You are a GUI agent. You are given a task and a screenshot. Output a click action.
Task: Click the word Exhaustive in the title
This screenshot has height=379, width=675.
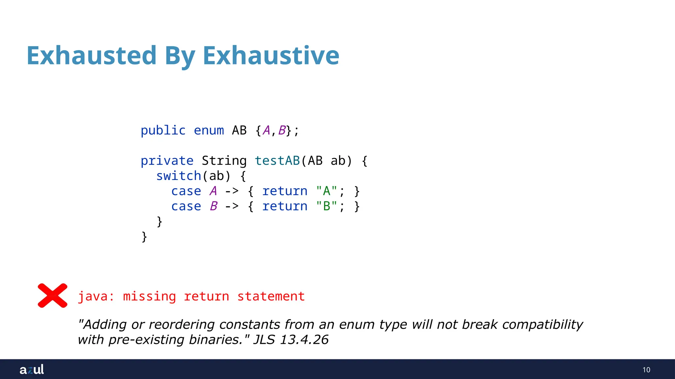coord(271,55)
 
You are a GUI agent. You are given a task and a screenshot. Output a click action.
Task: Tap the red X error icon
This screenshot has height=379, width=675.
coord(53,295)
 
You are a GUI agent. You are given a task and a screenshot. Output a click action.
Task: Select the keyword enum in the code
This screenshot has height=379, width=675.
coord(209,130)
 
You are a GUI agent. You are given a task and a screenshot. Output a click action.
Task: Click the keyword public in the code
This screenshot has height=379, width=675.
coord(163,130)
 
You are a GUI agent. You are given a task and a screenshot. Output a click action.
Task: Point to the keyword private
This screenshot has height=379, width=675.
coord(167,161)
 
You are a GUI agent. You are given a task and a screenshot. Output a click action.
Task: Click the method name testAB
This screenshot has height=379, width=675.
coord(277,161)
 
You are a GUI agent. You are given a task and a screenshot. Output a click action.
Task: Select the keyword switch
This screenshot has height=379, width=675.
coord(179,176)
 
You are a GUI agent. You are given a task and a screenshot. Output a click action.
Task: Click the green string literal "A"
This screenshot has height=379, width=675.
coord(326,191)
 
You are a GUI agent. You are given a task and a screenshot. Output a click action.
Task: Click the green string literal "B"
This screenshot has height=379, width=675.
coord(326,206)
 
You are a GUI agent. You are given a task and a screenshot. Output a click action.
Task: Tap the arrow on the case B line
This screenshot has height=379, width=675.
coord(232,206)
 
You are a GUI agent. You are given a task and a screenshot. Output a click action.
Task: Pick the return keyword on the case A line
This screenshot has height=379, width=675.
coord(285,191)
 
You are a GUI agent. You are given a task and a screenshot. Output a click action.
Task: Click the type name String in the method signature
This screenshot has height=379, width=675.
coord(224,161)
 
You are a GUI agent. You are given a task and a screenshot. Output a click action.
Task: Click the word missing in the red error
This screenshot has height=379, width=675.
coord(149,296)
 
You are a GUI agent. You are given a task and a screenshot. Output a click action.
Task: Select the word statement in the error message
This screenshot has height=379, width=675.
coord(271,296)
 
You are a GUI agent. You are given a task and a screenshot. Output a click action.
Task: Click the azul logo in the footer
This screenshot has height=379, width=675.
coord(32,369)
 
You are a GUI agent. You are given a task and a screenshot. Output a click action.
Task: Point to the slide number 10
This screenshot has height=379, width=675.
coord(646,370)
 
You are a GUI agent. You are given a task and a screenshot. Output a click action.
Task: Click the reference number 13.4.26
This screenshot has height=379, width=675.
coord(304,340)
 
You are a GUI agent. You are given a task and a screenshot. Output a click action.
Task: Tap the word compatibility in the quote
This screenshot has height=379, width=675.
coord(543,324)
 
